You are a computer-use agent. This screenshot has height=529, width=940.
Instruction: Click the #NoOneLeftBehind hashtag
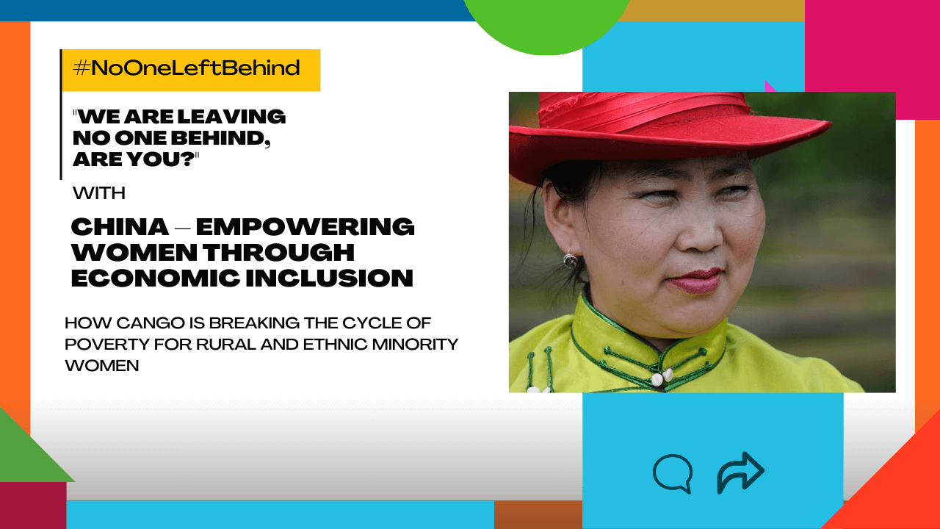tap(187, 69)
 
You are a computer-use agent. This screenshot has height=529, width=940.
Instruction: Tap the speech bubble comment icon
tap(673, 473)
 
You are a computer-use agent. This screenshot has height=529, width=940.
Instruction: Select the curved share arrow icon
tap(740, 472)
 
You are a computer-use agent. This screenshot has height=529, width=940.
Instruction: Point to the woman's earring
tap(569, 259)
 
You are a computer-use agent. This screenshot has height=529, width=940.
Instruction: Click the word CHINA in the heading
tap(120, 226)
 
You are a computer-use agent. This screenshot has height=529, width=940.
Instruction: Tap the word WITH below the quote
tap(99, 193)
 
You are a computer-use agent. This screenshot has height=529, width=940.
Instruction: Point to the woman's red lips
tap(694, 280)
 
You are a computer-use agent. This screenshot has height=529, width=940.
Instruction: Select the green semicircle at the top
tap(545, 22)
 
